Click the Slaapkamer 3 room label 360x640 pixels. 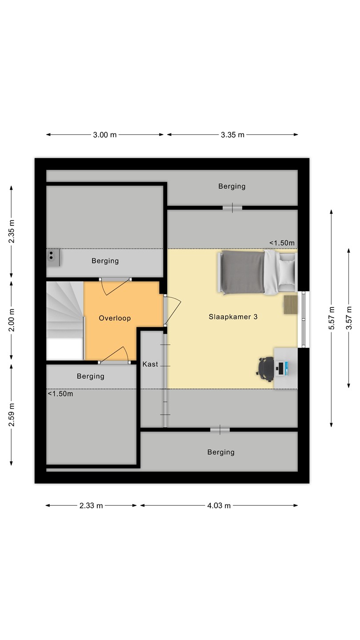(233, 316)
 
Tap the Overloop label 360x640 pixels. (115, 318)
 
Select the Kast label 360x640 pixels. (150, 364)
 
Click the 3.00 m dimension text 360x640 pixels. (104, 135)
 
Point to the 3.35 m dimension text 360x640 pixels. (232, 135)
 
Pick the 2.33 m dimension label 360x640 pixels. (91, 505)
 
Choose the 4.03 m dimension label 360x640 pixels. (219, 505)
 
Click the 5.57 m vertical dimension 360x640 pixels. (332, 318)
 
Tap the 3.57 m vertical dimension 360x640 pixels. (349, 318)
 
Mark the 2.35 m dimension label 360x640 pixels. (12, 232)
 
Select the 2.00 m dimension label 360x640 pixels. (12, 320)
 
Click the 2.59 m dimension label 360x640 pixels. (12, 415)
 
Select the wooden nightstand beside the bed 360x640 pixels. (291, 305)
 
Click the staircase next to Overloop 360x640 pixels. (65, 320)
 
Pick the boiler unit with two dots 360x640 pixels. (53, 257)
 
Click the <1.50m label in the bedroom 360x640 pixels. (282, 243)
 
